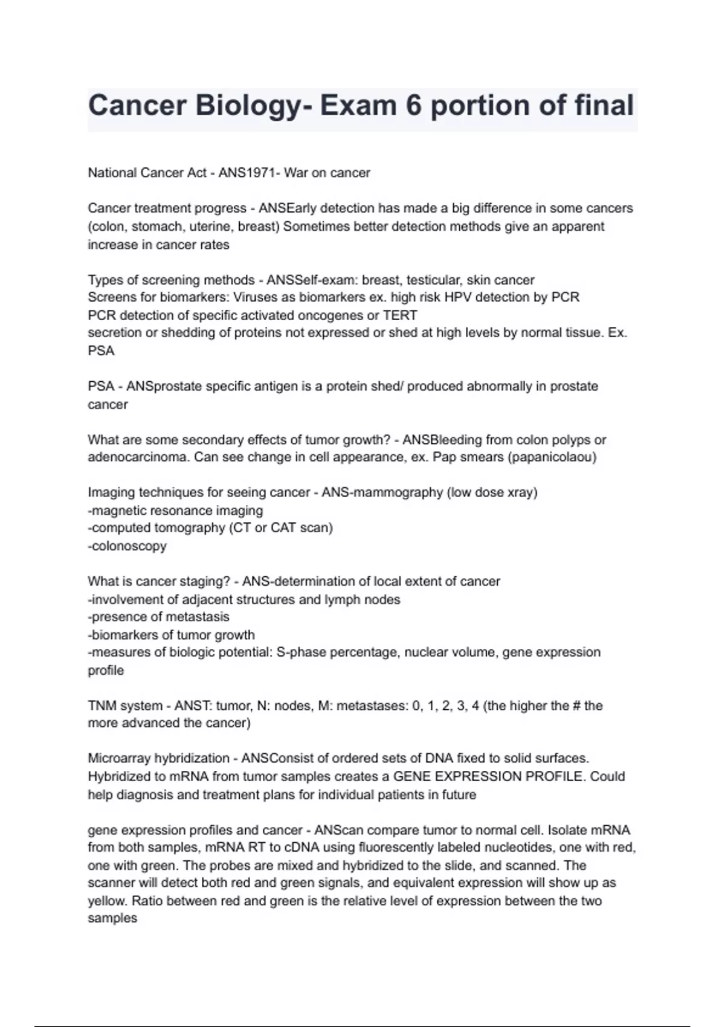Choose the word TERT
click(400, 315)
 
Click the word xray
click(520, 492)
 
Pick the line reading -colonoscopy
click(127, 546)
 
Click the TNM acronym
click(102, 706)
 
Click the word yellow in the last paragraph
click(106, 901)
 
